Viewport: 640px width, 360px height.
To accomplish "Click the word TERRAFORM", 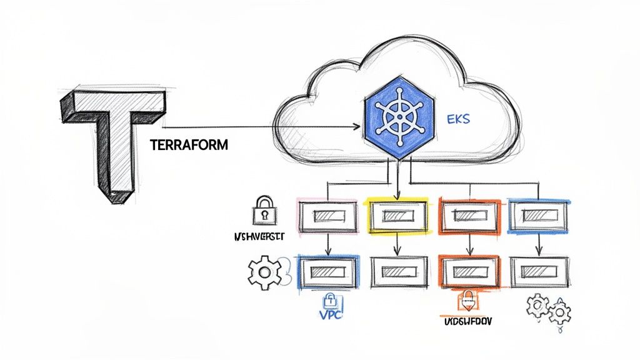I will [189, 144].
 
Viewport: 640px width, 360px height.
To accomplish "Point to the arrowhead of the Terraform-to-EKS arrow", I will [358, 127].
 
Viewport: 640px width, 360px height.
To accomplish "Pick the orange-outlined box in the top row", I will [468, 216].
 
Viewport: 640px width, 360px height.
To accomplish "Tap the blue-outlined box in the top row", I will [538, 216].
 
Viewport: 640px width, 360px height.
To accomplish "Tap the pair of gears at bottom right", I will [548, 309].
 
